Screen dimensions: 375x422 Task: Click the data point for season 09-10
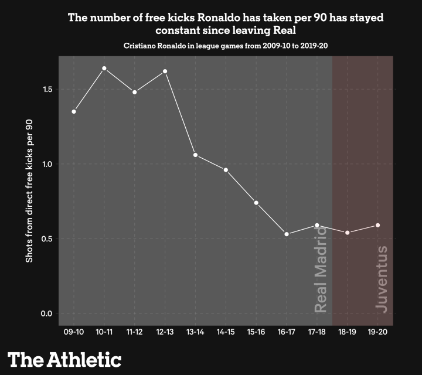pyautogui.click(x=74, y=111)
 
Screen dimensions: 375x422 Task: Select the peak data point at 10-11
pyautogui.click(x=104, y=69)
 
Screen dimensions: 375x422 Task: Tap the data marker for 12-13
pyautogui.click(x=165, y=71)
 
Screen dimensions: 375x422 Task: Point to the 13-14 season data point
pyautogui.click(x=195, y=155)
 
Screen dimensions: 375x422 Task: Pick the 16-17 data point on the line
pyautogui.click(x=287, y=234)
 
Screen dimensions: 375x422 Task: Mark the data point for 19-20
pyautogui.click(x=378, y=225)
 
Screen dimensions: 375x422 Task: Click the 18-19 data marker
pyautogui.click(x=348, y=233)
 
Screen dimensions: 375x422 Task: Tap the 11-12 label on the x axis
pyautogui.click(x=135, y=332)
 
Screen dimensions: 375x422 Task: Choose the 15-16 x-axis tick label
pyautogui.click(x=256, y=332)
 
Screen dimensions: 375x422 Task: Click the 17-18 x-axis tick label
pyautogui.click(x=317, y=332)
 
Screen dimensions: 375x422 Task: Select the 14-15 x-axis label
pyautogui.click(x=226, y=332)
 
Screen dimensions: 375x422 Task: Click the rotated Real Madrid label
pyautogui.click(x=321, y=272)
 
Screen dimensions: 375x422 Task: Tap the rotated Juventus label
pyautogui.click(x=381, y=278)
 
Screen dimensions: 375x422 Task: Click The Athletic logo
pyautogui.click(x=64, y=359)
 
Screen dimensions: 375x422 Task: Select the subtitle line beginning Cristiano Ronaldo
pyautogui.click(x=226, y=45)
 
